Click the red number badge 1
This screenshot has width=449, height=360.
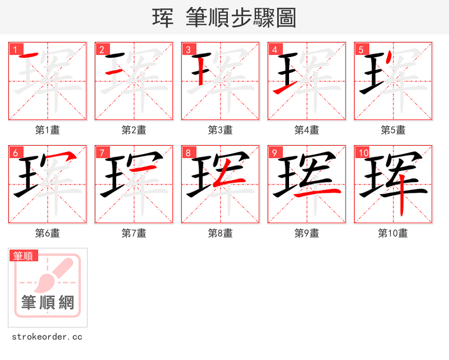coord(15,49)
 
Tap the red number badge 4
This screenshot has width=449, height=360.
coord(274,49)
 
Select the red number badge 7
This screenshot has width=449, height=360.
coord(101,153)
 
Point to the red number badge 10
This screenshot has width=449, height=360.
coord(363,153)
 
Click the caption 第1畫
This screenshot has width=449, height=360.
coord(48,130)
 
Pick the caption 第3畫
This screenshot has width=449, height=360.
coord(221,130)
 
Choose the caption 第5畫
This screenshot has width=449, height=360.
coord(393,130)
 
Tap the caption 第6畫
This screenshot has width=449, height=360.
coord(48,233)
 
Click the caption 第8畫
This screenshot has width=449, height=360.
coord(221,233)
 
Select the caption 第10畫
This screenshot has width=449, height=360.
coord(393,233)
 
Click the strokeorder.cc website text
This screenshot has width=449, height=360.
coord(47,337)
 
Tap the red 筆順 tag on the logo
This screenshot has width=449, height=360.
coord(24,256)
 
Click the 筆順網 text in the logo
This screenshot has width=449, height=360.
coord(48,303)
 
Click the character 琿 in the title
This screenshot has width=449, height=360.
coord(163,18)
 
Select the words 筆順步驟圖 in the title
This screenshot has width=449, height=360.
coord(245,18)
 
